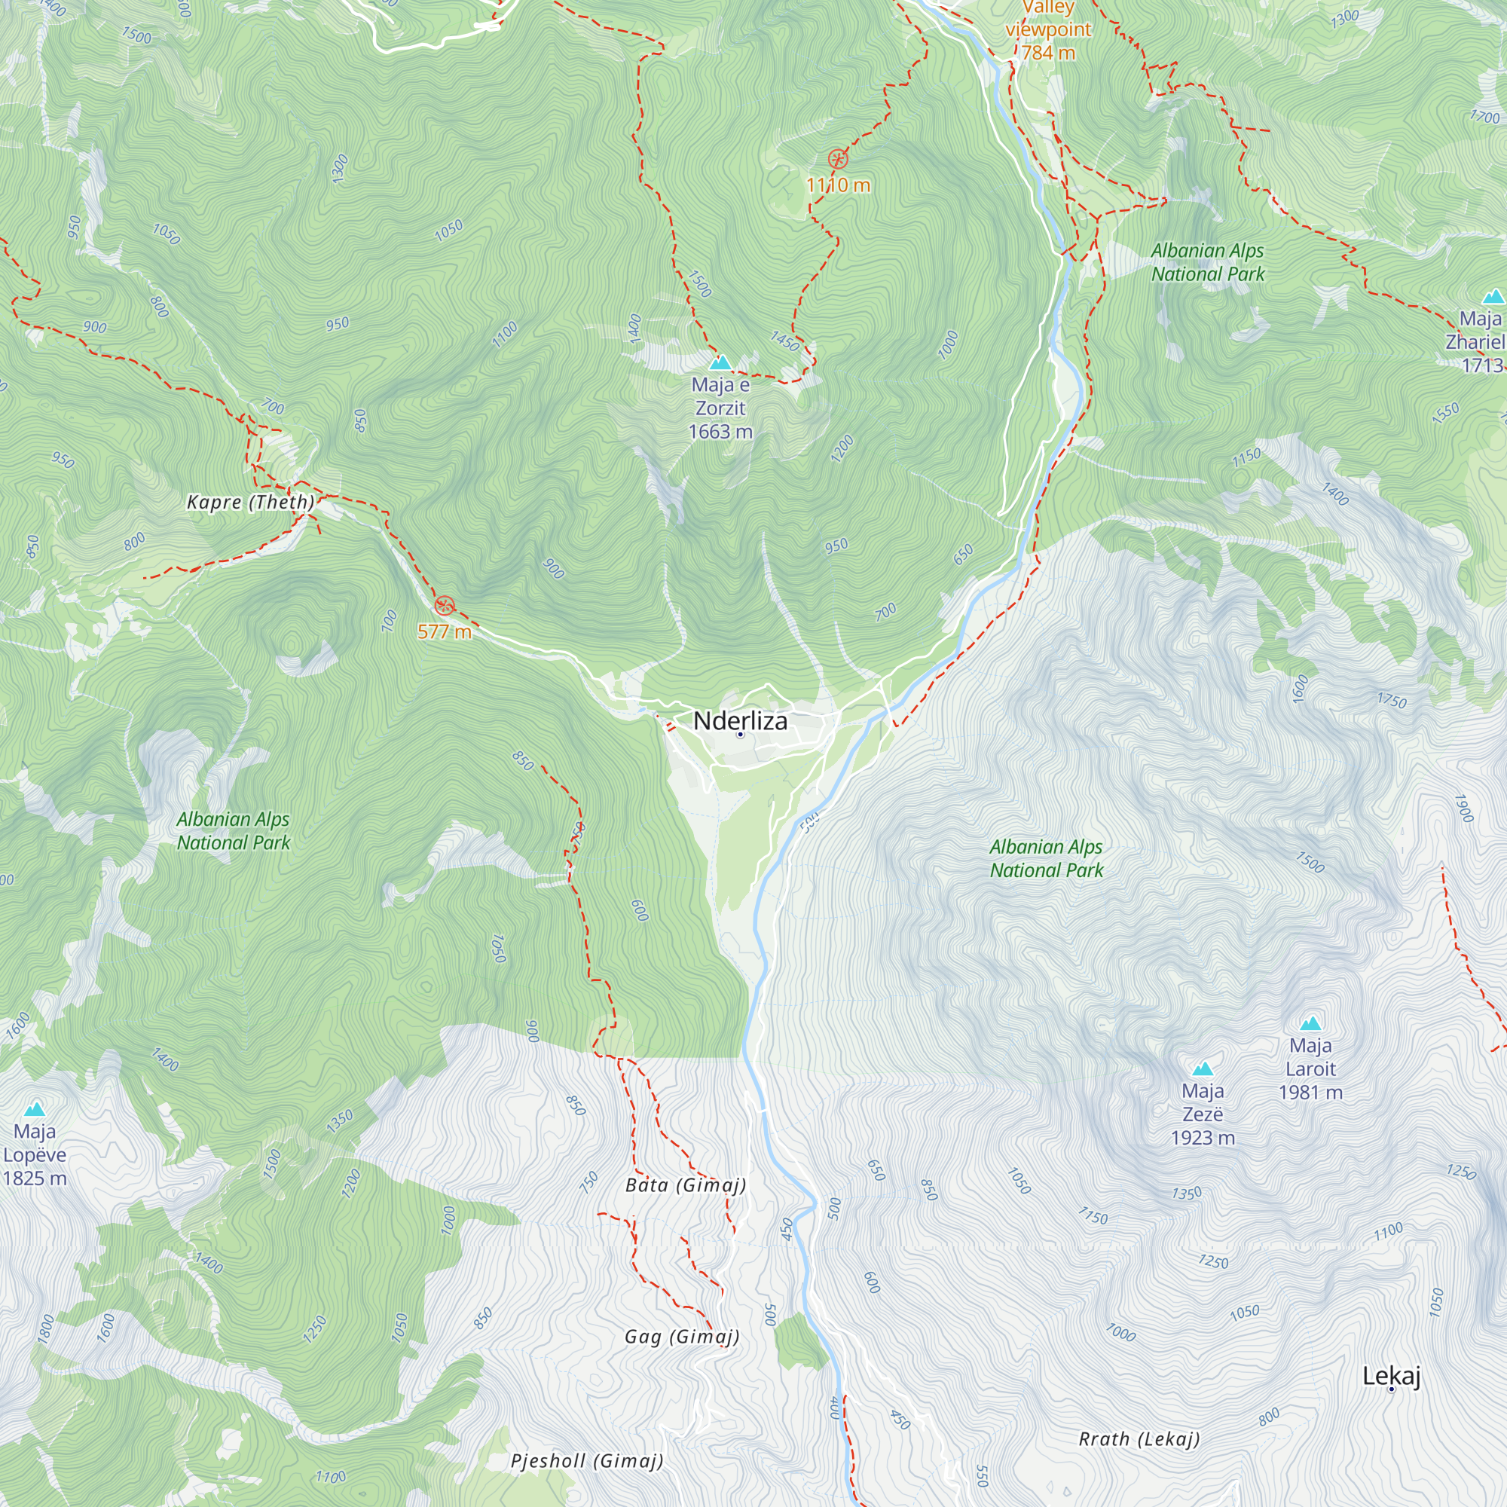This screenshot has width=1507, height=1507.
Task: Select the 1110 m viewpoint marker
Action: pyautogui.click(x=838, y=160)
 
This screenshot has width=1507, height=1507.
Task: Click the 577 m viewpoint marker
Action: pyautogui.click(x=445, y=604)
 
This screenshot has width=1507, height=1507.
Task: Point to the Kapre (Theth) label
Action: pyautogui.click(x=250, y=502)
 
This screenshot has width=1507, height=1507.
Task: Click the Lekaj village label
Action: pyautogui.click(x=1391, y=1376)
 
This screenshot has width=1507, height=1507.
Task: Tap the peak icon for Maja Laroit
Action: pyautogui.click(x=1310, y=1023)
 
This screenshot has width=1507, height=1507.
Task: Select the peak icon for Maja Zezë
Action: pyautogui.click(x=1203, y=1068)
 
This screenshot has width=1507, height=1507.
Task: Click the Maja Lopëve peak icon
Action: pyautogui.click(x=35, y=1109)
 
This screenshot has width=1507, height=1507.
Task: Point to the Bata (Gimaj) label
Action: pyautogui.click(x=686, y=1185)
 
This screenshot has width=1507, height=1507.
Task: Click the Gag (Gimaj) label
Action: pyautogui.click(x=682, y=1337)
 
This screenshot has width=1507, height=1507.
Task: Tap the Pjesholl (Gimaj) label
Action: pyautogui.click(x=586, y=1461)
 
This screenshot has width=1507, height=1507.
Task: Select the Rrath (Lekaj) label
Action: pyautogui.click(x=1139, y=1439)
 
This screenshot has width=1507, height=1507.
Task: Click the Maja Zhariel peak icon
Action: pyautogui.click(x=1493, y=296)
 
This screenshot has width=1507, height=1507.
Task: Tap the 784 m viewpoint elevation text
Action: pyautogui.click(x=1048, y=52)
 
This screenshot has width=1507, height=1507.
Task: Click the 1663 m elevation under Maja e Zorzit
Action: pyautogui.click(x=720, y=431)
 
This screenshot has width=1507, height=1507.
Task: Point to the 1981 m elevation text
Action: pyautogui.click(x=1310, y=1092)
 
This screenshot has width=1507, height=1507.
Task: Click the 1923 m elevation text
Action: pyautogui.click(x=1203, y=1137)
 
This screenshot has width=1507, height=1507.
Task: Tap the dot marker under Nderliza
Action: pyautogui.click(x=740, y=734)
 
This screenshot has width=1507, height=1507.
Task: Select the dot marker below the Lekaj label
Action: pyautogui.click(x=1391, y=1389)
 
